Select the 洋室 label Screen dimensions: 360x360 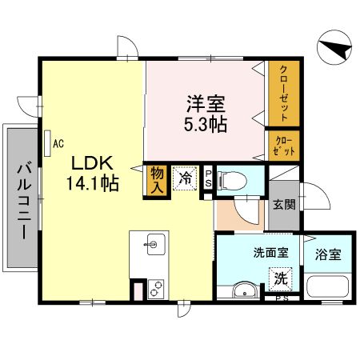[x=206, y=104]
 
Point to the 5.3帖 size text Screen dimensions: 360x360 [x=206, y=124]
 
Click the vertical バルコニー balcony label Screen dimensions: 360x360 [x=22, y=197]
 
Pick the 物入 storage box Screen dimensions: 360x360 [x=156, y=180]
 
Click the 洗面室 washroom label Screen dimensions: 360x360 [x=270, y=253]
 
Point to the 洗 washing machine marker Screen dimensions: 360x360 [x=281, y=278]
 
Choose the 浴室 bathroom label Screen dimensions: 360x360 [x=328, y=255]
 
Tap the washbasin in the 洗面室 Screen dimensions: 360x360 [x=243, y=289]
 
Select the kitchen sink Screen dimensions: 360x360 [x=154, y=242]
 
